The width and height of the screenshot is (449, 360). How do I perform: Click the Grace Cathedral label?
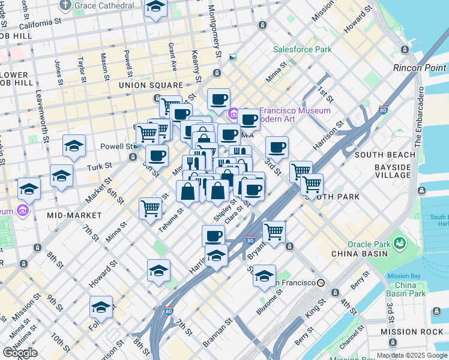click(104, 5)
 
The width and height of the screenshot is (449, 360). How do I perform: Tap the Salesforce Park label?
click(302, 49)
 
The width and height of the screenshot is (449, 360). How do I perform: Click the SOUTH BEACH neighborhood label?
click(385, 155)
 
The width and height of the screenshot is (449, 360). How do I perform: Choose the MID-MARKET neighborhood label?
click(72, 214)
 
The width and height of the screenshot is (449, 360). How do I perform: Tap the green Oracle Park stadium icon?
click(399, 243)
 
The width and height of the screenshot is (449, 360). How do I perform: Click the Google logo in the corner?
click(20, 353)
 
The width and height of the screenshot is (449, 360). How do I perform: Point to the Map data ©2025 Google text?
click(411, 356)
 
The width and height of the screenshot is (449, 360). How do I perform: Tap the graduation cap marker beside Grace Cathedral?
click(155, 7)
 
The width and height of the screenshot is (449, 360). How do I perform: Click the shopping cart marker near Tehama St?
click(150, 209)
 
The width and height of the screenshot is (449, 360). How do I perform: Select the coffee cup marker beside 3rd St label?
click(277, 147)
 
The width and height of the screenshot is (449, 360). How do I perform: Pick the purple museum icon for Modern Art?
click(234, 113)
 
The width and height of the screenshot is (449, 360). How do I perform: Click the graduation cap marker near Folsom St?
click(101, 307)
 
